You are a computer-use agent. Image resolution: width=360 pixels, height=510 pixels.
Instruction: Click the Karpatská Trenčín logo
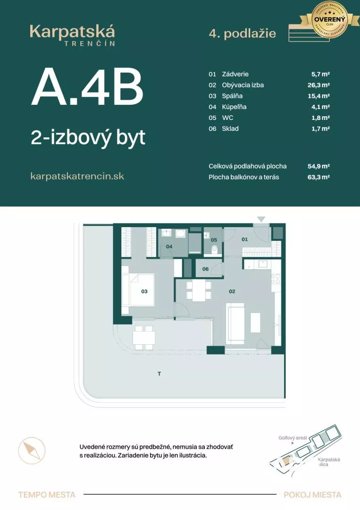tap(72, 35)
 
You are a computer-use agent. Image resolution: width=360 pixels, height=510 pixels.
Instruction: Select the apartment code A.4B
tap(87, 88)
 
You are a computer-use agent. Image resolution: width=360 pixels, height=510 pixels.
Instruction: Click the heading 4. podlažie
tap(242, 34)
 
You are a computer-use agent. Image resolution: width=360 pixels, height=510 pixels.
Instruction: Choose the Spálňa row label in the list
tap(232, 96)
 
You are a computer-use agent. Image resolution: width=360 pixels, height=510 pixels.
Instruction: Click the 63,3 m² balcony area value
tap(318, 177)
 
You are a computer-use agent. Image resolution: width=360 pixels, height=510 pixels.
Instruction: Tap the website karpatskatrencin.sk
tap(77, 176)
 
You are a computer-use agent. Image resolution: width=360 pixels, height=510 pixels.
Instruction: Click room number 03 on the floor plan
tap(144, 291)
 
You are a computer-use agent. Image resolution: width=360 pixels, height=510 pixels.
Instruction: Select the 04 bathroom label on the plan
tap(169, 246)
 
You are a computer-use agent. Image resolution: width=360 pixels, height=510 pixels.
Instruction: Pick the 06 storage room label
tap(205, 269)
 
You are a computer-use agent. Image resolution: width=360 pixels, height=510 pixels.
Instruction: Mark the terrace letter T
tap(159, 374)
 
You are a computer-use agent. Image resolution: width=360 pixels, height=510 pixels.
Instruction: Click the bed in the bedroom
tap(138, 289)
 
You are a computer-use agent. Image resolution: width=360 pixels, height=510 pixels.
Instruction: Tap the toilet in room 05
tap(215, 249)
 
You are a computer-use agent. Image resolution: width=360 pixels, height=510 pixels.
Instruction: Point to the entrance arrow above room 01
tap(261, 219)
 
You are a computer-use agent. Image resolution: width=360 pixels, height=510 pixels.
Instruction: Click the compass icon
tap(32, 450)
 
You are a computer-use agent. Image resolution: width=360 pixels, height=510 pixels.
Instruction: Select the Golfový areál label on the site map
tap(293, 438)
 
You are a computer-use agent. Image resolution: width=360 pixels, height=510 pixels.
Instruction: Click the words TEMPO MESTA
tap(47, 495)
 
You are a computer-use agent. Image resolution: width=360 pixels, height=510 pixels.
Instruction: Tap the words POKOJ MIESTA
tap(312, 495)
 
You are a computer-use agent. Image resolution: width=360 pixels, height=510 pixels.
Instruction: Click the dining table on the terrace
tap(144, 337)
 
